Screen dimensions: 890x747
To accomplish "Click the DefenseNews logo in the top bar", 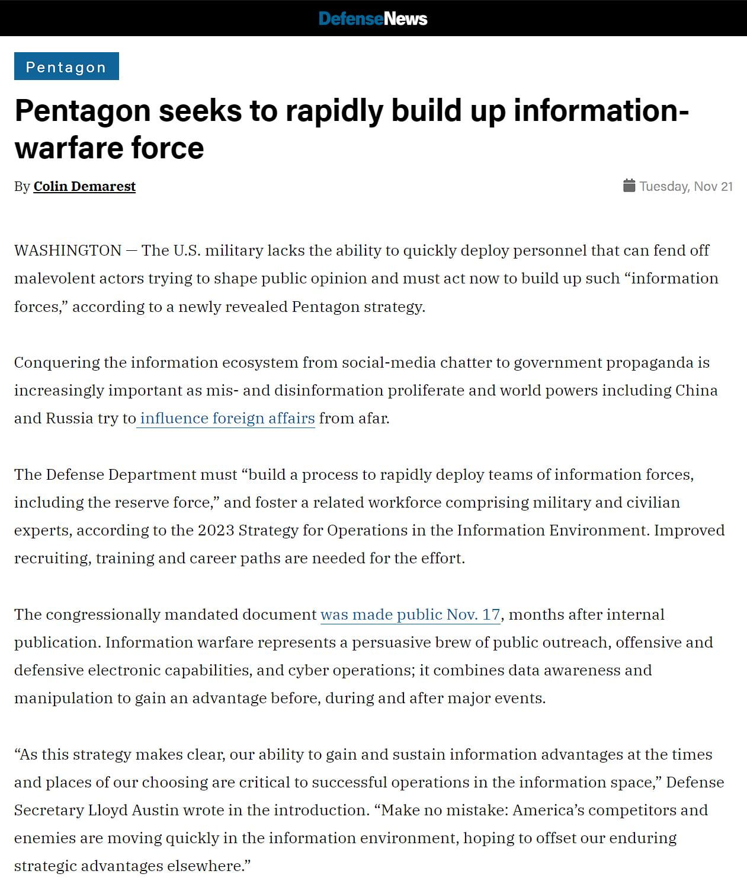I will pyautogui.click(x=373, y=18).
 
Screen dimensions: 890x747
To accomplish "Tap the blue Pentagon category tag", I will pyautogui.click(x=66, y=66).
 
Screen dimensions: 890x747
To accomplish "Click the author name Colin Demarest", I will pyautogui.click(x=84, y=186).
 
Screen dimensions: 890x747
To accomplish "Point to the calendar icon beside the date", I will pyautogui.click(x=629, y=186).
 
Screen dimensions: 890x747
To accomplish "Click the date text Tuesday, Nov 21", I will pyautogui.click(x=686, y=186).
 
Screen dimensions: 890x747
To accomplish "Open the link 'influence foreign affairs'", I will pyautogui.click(x=227, y=418).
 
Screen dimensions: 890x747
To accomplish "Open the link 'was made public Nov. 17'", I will pyautogui.click(x=410, y=614).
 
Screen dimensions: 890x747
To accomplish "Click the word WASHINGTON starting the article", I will pyautogui.click(x=68, y=250).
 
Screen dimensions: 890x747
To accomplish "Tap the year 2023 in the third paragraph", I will pyautogui.click(x=216, y=530).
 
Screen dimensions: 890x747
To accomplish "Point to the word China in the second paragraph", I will pyautogui.click(x=696, y=390).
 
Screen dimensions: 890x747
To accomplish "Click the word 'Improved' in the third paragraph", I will pyautogui.click(x=689, y=530).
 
